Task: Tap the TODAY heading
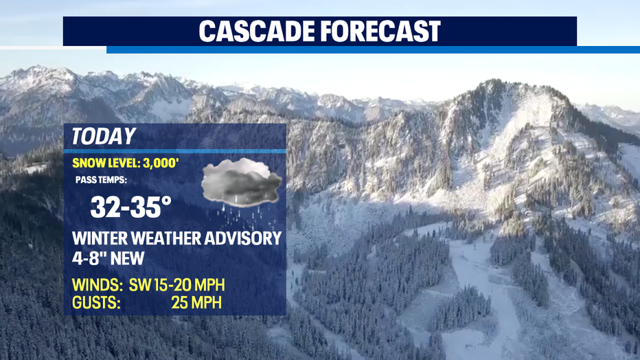pyautogui.click(x=103, y=136)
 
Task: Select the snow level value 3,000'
pyautogui.click(x=161, y=164)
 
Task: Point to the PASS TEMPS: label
pyautogui.click(x=101, y=180)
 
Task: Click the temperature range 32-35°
pyautogui.click(x=130, y=207)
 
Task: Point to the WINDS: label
pyautogui.click(x=97, y=285)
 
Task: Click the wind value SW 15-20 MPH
pyautogui.click(x=176, y=285)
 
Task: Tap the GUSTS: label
pyautogui.click(x=96, y=303)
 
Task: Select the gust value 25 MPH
pyautogui.click(x=196, y=303)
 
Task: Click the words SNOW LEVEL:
pyautogui.click(x=106, y=164)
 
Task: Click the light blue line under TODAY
pyautogui.click(x=174, y=151)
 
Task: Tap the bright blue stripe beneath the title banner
pyautogui.click(x=373, y=49)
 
